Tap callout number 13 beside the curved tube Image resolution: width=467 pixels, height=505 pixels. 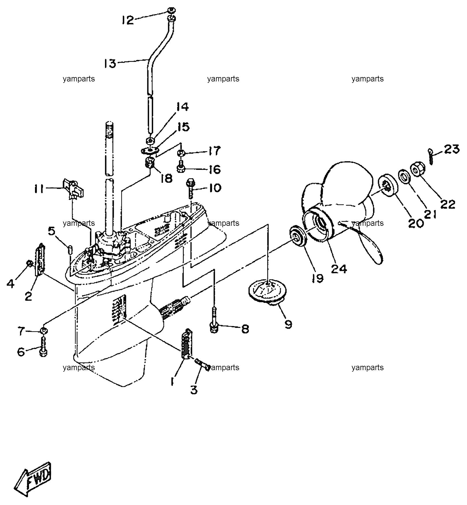[x=110, y=63]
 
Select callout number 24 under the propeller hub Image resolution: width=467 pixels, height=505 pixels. [x=339, y=269]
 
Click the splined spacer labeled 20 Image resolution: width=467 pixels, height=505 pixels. [x=387, y=186]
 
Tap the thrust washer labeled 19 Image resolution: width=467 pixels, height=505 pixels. [x=297, y=237]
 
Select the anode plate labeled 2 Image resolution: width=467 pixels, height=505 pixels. [x=40, y=260]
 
